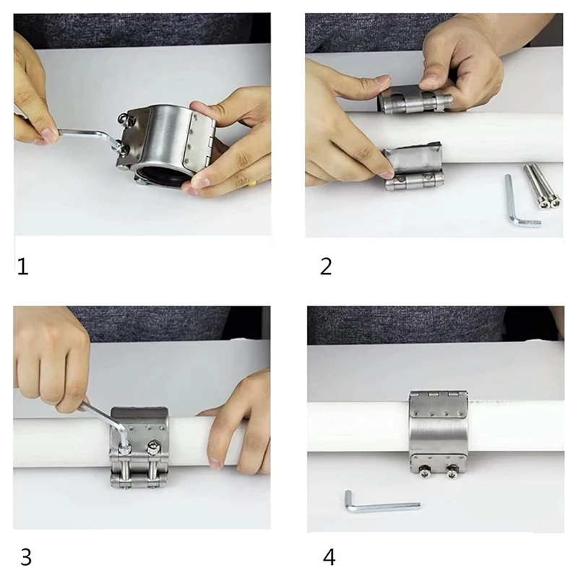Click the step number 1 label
point(23,267)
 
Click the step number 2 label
point(326,267)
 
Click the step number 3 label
point(26,557)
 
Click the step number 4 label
point(329,557)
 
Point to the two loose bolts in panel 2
point(543,186)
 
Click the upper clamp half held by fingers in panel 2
point(415,98)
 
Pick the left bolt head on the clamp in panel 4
point(426,471)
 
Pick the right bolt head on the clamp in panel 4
point(452,471)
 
